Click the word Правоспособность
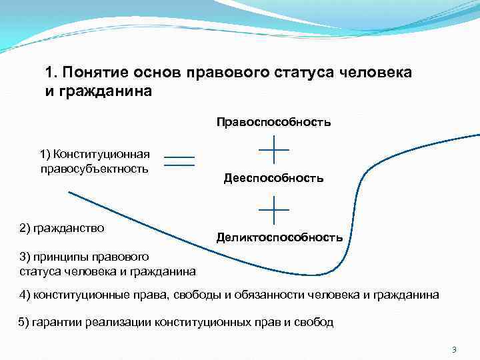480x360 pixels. pos(273,122)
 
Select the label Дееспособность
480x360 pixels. pos(273,178)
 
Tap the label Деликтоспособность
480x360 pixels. pos(279,237)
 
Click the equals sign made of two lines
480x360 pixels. pos(179,161)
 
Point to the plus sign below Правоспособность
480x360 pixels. pos(273,149)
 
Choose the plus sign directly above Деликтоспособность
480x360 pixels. pos(273,209)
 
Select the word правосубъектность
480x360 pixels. pos(93,169)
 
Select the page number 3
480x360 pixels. pos(453,349)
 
